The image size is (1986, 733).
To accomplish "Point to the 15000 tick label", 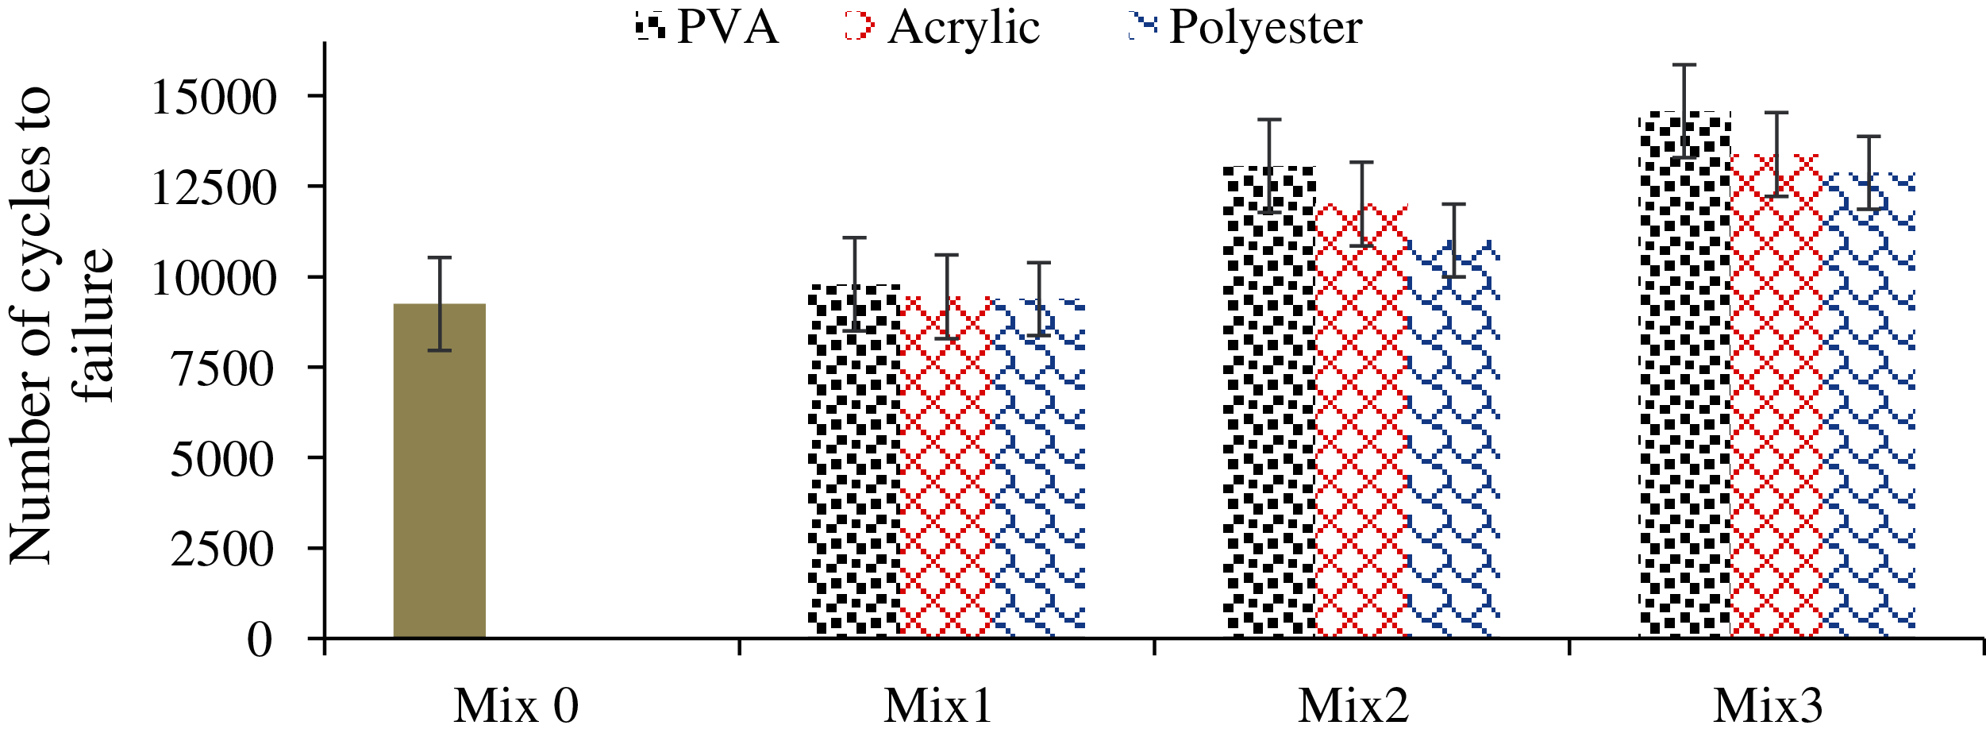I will pos(214,98).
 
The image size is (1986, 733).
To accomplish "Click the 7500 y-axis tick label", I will pos(222,369).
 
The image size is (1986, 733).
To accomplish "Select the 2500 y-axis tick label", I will pos(222,550).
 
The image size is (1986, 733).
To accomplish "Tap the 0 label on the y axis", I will pos(260,640).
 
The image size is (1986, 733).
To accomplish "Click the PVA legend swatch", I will pos(650,26).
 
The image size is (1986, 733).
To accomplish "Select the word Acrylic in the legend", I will pos(964,28).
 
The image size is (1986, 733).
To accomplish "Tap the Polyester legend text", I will pos(1265,28).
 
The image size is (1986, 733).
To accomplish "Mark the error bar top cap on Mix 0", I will pos(439,257).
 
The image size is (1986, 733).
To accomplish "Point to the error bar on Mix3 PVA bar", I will pos(1684,111).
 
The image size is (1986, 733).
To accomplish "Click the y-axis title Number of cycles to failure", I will pos(62,326).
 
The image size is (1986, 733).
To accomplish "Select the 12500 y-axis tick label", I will pos(214,189).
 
